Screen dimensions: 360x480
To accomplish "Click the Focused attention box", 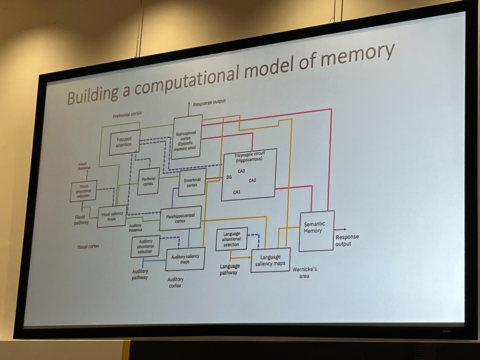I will coord(124,142).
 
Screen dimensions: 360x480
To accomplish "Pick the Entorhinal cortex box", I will coord(192,182).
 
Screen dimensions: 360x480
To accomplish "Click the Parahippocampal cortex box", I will coord(180,218).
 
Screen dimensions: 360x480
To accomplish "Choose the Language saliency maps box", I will coord(270,260).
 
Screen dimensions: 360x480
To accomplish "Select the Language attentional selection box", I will coord(231,239).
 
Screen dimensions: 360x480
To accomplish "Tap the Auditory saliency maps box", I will coord(185,259).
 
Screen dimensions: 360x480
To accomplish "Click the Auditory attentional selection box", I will coord(145,246).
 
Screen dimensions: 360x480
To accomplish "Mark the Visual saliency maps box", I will coord(112,216).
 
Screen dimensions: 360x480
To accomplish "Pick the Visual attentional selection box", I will coord(83,191).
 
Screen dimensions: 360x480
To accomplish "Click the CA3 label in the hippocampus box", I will coord(241,171).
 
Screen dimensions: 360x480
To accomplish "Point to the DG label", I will coord(229,177).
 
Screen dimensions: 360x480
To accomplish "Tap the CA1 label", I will coord(237,192).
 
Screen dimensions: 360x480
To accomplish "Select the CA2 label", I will coord(252,180).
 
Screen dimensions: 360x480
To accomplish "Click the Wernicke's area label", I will coord(304,273).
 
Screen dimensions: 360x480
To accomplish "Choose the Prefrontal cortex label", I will coord(127,114).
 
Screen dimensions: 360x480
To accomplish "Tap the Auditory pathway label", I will coord(140,274).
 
